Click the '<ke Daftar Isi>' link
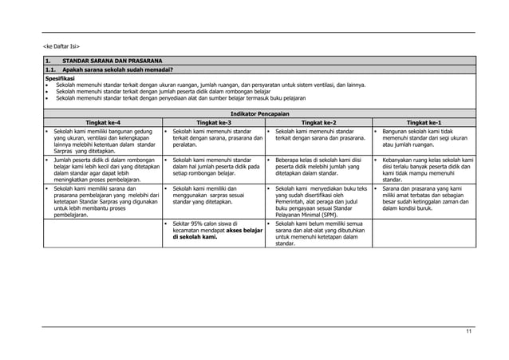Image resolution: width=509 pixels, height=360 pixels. coord(61,46)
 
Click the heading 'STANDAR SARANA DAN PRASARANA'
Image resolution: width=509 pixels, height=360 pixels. coord(112,61)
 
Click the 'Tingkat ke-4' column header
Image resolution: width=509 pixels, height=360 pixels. coord(98,121)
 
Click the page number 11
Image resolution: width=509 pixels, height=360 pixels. coord(468,330)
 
